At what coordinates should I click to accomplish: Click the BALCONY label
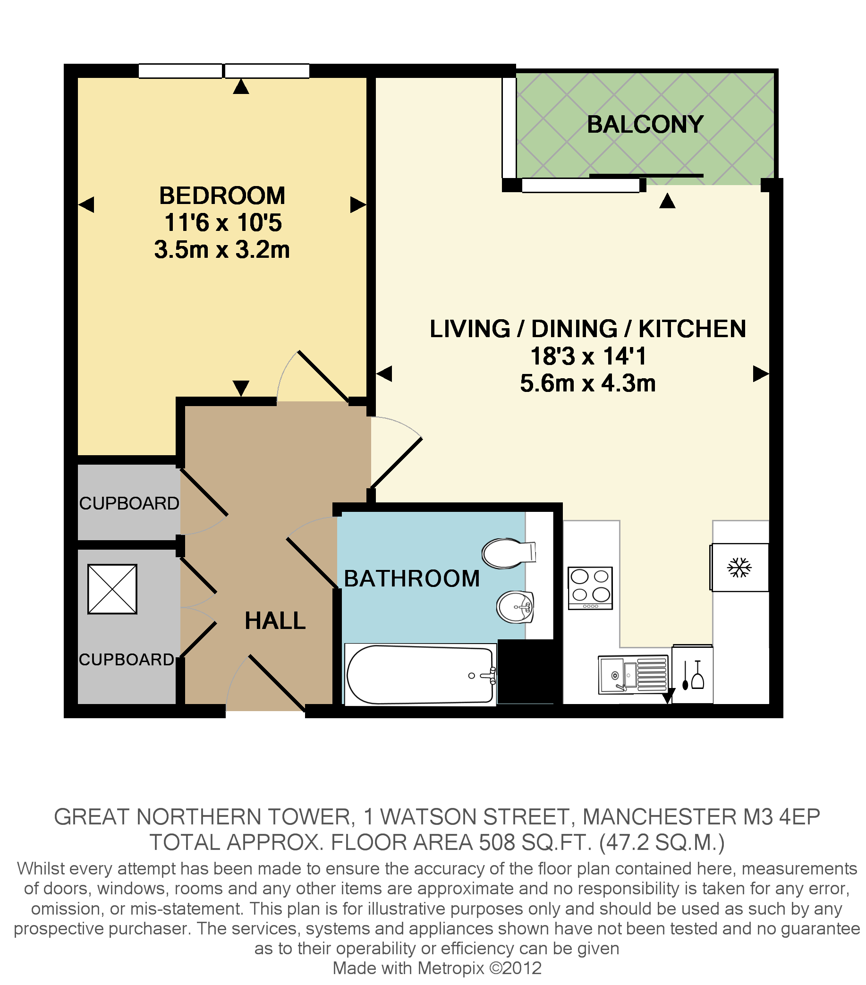pyautogui.click(x=645, y=124)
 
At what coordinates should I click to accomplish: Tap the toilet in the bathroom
pyautogui.click(x=507, y=553)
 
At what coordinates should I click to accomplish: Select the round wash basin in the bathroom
pyautogui.click(x=515, y=607)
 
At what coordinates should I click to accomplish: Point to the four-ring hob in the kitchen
pyautogui.click(x=590, y=588)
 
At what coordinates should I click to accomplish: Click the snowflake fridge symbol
pyautogui.click(x=739, y=567)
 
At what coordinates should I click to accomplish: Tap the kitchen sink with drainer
pyautogui.click(x=633, y=674)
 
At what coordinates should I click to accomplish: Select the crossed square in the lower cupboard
pyautogui.click(x=112, y=589)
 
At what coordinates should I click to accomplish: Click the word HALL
pyautogui.click(x=275, y=620)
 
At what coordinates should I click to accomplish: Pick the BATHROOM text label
pyautogui.click(x=412, y=578)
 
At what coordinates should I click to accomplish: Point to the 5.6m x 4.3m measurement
pyautogui.click(x=587, y=383)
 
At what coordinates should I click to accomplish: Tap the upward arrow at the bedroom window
pyautogui.click(x=241, y=87)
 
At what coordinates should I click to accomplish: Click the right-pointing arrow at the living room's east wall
pyautogui.click(x=760, y=374)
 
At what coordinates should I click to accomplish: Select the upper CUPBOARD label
pyautogui.click(x=128, y=503)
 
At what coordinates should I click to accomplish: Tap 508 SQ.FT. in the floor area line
pyautogui.click(x=535, y=842)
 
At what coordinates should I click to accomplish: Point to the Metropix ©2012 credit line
pyautogui.click(x=437, y=968)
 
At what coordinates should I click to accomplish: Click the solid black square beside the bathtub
pyautogui.click(x=529, y=671)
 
